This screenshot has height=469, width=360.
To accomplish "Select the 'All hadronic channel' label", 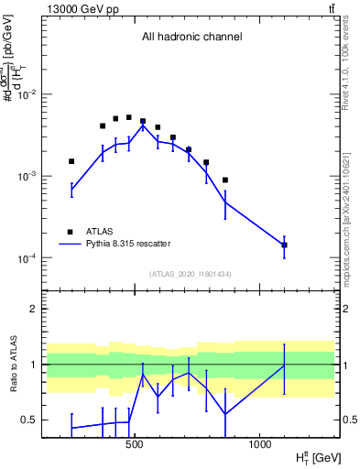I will pyautogui.click(x=191, y=38).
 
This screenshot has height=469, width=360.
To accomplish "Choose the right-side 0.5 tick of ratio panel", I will pyautogui.click(x=349, y=420).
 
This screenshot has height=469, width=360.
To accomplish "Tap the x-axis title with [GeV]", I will pyautogui.click(x=316, y=457).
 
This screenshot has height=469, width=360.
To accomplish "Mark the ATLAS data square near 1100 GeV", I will pyautogui.click(x=284, y=245).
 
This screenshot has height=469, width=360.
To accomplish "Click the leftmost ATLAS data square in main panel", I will pyautogui.click(x=71, y=161).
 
